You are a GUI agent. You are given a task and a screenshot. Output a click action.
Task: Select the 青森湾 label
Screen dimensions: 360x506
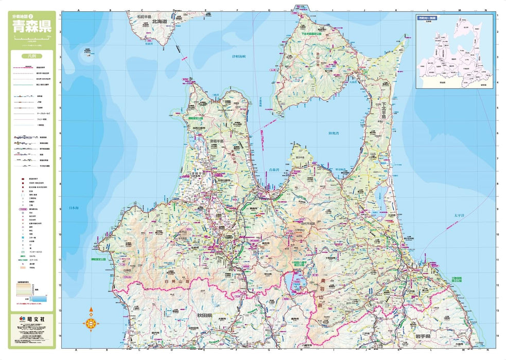point(275,169)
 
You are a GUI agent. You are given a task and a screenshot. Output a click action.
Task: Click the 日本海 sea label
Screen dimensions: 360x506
point(74,208)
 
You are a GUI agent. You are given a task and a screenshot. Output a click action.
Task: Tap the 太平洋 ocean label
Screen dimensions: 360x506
point(459,215)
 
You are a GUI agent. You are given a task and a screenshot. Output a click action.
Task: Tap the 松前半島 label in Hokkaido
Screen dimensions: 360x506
point(145,16)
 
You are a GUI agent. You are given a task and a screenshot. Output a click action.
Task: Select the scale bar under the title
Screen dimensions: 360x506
point(32,39)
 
